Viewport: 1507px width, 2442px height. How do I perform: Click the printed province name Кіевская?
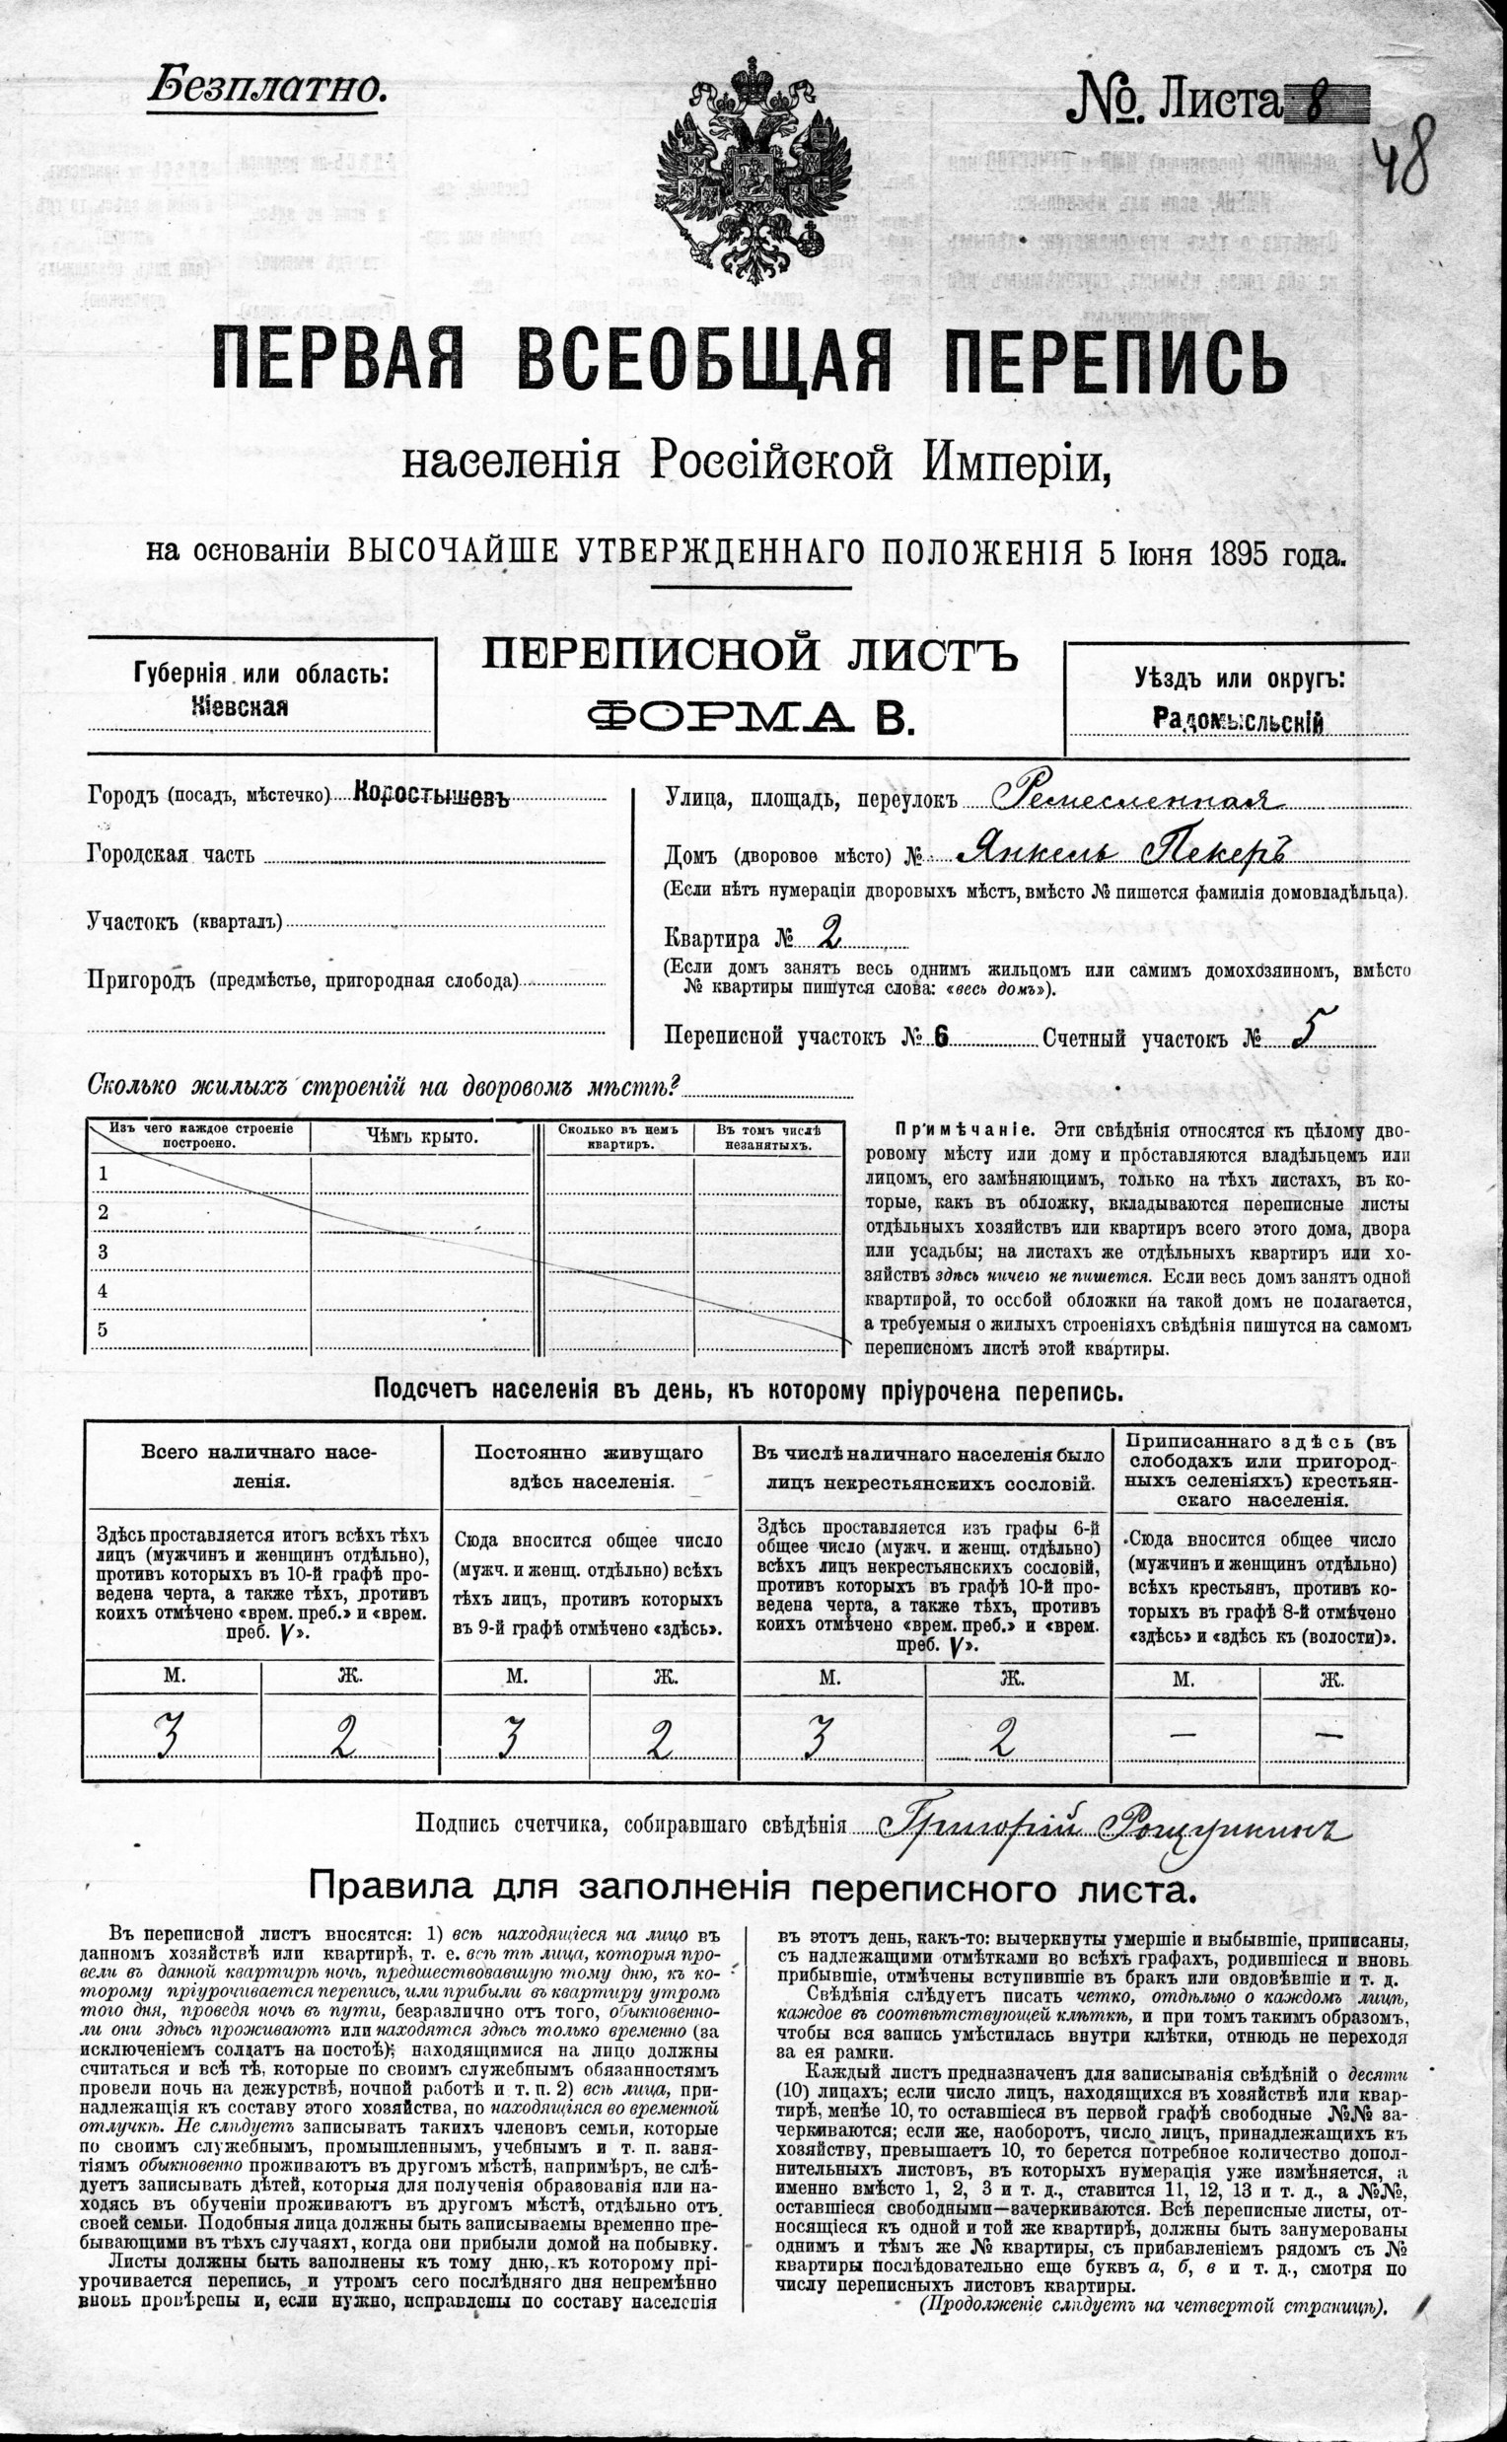coord(240,707)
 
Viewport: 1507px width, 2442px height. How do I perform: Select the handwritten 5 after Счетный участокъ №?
coord(1301,1035)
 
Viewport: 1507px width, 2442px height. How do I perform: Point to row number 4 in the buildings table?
coord(102,1291)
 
